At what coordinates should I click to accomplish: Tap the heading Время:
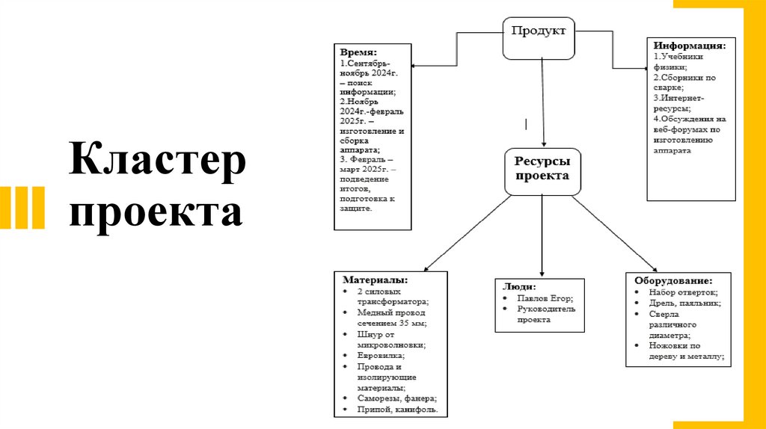click(359, 54)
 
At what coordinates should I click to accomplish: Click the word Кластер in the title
click(158, 162)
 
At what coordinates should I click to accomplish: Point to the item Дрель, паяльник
click(684, 303)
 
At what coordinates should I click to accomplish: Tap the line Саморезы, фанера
click(396, 399)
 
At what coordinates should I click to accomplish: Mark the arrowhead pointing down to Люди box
click(542, 273)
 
